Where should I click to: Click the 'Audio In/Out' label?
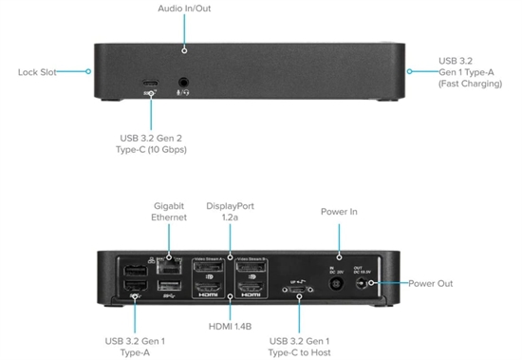pos(184,9)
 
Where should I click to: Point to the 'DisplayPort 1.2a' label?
pos(230,211)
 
